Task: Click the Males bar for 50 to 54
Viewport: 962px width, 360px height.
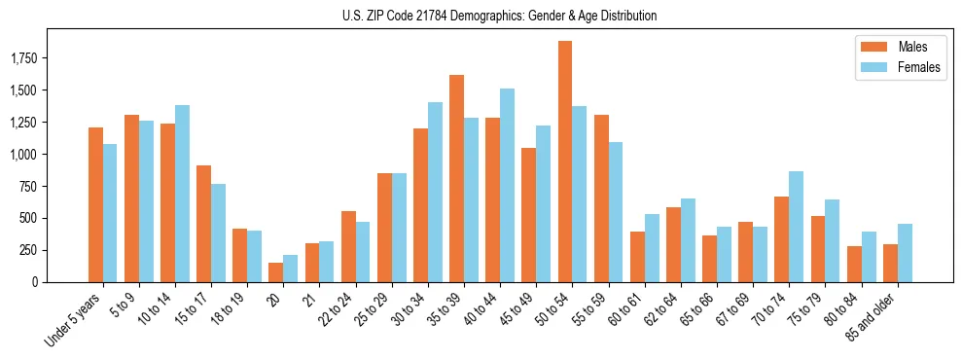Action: (565, 162)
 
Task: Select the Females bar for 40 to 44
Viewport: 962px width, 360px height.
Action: (507, 185)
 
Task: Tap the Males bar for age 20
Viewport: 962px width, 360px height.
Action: (276, 272)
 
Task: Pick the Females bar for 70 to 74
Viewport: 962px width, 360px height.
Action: (796, 227)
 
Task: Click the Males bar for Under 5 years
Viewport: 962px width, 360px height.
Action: (95, 204)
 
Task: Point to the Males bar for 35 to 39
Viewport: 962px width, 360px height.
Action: (456, 178)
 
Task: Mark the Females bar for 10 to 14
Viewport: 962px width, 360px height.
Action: (182, 194)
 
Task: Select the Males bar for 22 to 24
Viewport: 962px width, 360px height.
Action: (348, 246)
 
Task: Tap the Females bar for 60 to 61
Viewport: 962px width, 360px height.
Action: (652, 248)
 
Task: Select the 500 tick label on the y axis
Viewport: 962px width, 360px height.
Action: (30, 218)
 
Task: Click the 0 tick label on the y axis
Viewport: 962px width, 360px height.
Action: (36, 282)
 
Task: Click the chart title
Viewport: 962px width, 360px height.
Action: (500, 16)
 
